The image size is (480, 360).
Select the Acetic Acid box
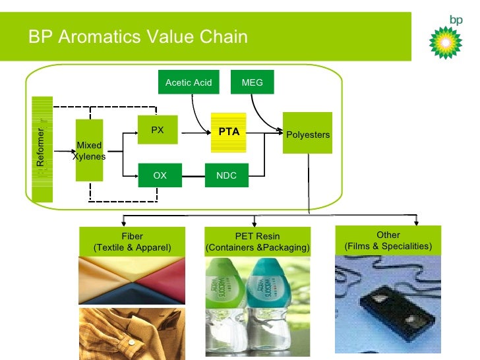point(189,82)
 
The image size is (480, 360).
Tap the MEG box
point(252,82)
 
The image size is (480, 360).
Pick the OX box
point(160,175)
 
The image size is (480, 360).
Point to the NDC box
point(227,175)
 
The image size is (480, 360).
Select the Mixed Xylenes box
point(89,150)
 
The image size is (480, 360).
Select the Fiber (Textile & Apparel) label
point(132,242)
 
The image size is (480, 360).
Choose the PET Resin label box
point(257,242)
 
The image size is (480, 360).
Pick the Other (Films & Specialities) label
point(388,241)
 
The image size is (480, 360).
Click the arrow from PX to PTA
point(195,133)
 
